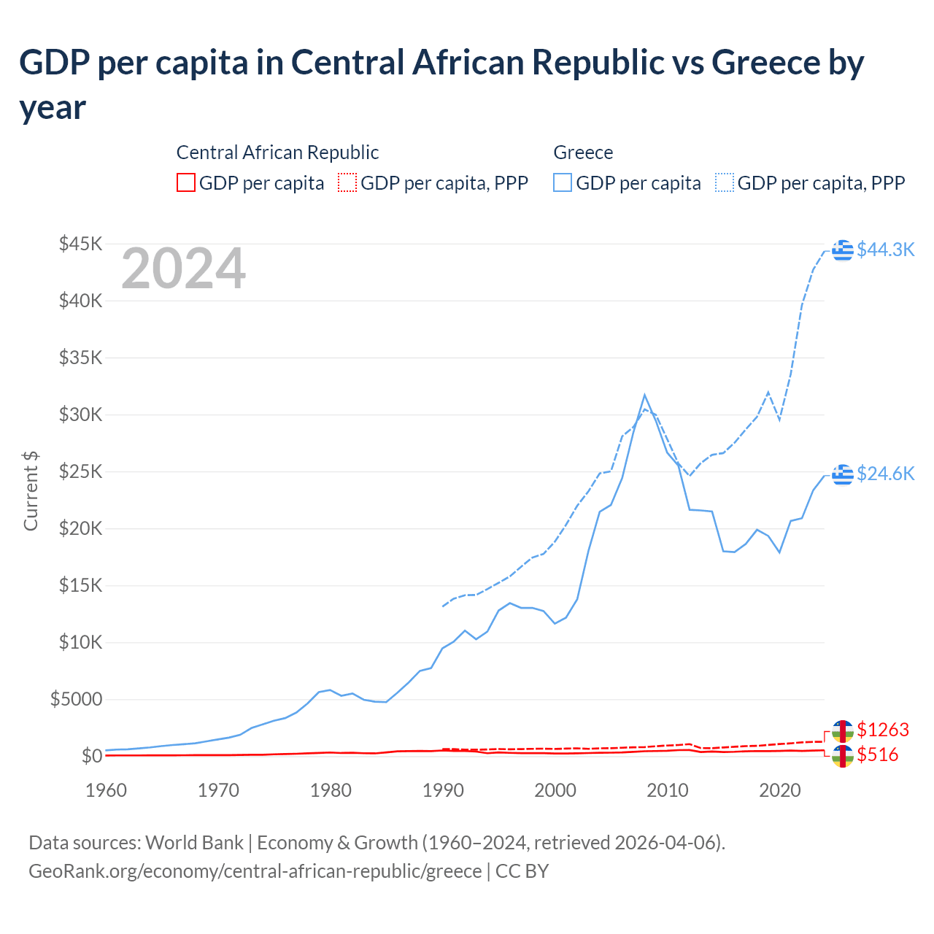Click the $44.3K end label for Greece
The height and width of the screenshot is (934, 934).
point(885,250)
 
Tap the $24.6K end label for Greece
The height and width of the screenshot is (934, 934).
point(885,474)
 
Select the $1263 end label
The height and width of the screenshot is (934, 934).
point(883,730)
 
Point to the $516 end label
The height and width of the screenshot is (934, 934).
point(877,754)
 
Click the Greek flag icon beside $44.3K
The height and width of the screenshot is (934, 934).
point(843,250)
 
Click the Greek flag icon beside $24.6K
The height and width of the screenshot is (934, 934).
point(843,474)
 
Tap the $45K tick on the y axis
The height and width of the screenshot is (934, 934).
point(80,244)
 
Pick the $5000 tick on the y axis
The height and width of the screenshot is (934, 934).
point(76,699)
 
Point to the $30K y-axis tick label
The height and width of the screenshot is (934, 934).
point(80,414)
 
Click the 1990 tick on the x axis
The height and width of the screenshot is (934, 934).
point(443,790)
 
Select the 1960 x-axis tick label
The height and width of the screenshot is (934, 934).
point(107,790)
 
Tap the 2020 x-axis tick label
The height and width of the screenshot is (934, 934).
point(780,790)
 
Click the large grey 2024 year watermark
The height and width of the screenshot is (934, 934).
point(183,269)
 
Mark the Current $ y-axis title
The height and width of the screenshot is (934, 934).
point(31,490)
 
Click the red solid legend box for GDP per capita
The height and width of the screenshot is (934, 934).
point(186,182)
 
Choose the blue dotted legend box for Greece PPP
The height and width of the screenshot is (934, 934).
point(725,182)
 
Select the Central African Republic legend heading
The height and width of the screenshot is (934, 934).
point(277,153)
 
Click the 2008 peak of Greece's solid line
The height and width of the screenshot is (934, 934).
point(644,395)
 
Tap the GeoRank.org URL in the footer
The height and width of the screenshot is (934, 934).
point(255,871)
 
